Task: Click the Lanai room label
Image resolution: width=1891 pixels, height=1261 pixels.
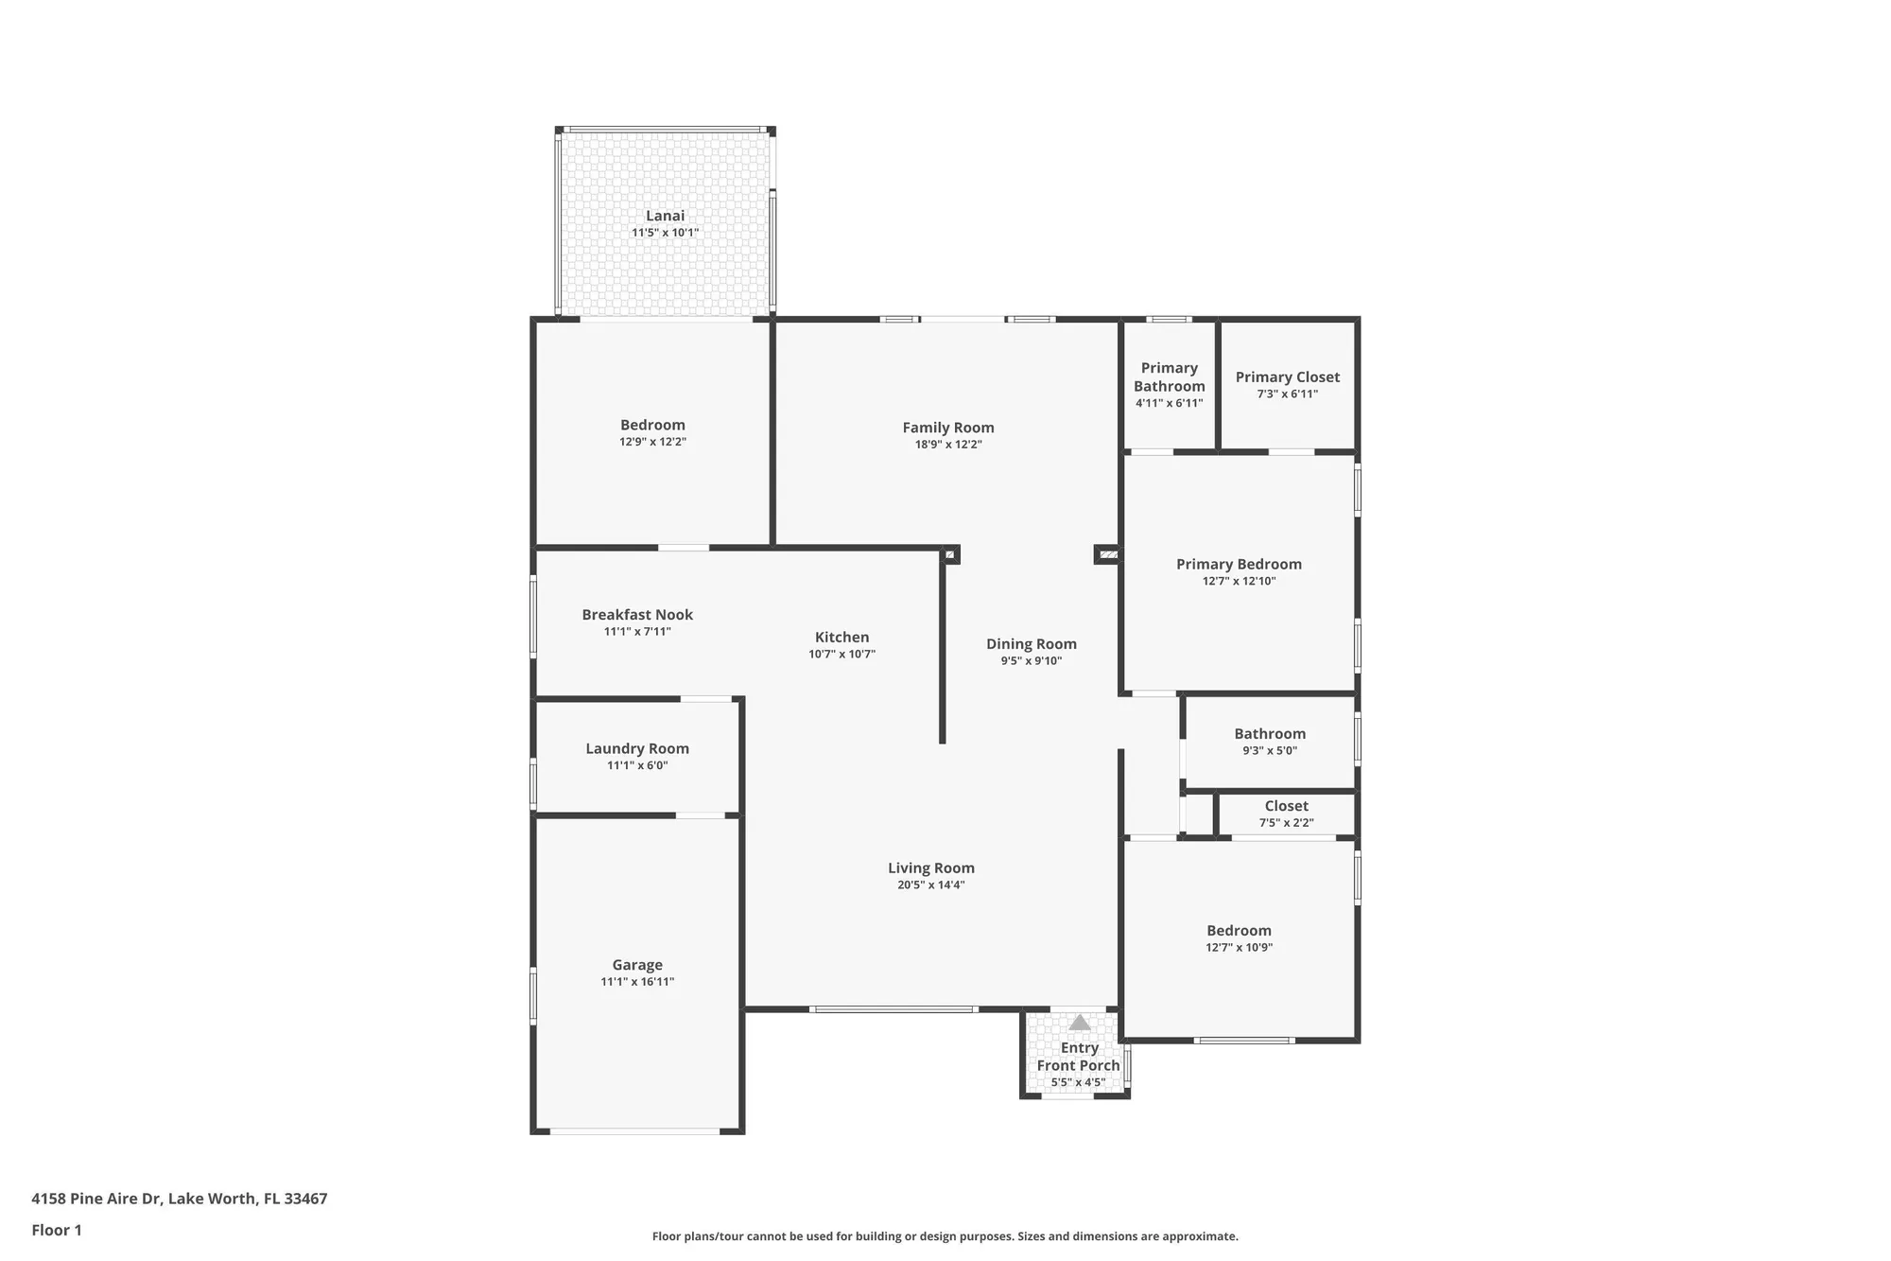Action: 665,216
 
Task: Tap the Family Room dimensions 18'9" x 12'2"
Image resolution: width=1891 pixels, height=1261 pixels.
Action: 948,445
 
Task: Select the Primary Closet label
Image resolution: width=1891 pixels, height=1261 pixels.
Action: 1287,377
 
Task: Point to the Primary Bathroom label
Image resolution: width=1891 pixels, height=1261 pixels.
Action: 1169,377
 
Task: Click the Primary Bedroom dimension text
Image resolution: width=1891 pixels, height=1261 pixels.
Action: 1239,581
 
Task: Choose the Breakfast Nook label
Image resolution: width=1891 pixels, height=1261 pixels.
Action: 637,615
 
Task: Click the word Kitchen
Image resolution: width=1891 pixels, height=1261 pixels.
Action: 841,638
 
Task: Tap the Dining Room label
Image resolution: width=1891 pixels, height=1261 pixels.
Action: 1031,644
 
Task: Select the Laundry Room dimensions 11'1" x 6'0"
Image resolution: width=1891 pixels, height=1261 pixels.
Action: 637,765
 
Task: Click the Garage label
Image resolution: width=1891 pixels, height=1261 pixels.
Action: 636,965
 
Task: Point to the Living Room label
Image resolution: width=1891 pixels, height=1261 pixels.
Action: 930,868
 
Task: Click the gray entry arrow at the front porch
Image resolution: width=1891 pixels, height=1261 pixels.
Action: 1080,1023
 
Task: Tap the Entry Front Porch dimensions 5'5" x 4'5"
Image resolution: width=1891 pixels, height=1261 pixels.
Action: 1078,1082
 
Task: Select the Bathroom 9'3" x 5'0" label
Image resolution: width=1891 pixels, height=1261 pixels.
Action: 1269,734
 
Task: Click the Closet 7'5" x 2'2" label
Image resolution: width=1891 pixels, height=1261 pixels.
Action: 1286,806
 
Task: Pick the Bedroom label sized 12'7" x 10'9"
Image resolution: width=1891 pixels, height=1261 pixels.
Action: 1239,931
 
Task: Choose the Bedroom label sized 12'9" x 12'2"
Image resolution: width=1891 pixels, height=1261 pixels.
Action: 652,426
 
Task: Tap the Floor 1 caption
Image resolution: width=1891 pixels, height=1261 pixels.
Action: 57,1230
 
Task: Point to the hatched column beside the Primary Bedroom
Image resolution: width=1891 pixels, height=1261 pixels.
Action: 1108,554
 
